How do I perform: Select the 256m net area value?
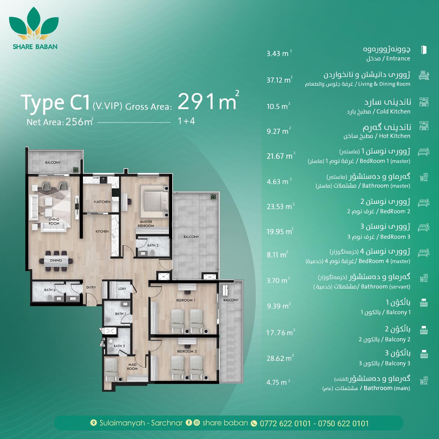[79, 122]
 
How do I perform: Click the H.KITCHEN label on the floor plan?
[102, 202]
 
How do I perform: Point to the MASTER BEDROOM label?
[146, 223]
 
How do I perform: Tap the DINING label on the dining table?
[56, 260]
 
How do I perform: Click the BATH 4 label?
[50, 290]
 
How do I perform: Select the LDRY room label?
[122, 289]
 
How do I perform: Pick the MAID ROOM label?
[132, 366]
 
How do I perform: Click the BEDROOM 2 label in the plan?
[187, 351]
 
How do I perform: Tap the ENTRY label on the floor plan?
[91, 287]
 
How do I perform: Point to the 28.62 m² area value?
[280, 358]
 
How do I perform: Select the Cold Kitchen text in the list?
[393, 111]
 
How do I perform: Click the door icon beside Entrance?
[424, 50]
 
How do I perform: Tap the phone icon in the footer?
[254, 423]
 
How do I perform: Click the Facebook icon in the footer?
[189, 423]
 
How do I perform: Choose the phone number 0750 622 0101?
[343, 423]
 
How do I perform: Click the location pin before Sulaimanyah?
[93, 423]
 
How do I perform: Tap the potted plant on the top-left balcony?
[76, 170]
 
